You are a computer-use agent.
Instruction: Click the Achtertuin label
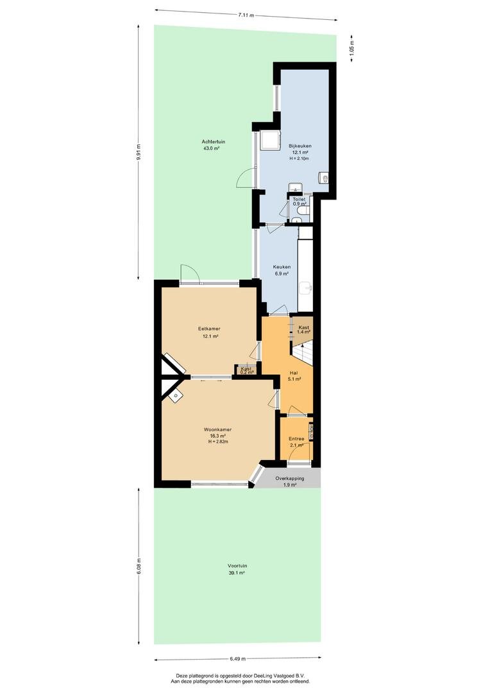(214, 141)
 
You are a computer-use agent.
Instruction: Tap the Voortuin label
(237, 565)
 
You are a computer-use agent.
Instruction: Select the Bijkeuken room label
(300, 146)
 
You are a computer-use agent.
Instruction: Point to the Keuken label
(282, 267)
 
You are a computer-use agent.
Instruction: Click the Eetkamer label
(209, 329)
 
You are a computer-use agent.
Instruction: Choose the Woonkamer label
(218, 429)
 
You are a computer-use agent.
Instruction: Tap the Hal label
(294, 373)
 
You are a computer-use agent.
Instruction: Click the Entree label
(296, 439)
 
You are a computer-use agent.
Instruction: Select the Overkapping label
(290, 479)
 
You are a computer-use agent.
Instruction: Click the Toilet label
(299, 200)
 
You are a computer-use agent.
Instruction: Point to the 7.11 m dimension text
(246, 15)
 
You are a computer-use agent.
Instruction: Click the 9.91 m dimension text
(139, 153)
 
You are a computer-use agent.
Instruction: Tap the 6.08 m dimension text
(139, 566)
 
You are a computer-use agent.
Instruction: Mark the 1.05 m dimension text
(351, 47)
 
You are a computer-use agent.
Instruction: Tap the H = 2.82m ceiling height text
(218, 441)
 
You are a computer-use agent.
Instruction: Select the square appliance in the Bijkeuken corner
(269, 141)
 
